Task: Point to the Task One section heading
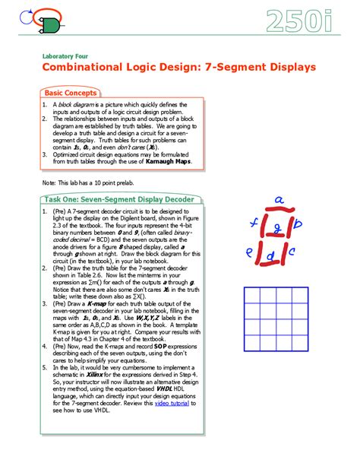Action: pyautogui.click(x=118, y=199)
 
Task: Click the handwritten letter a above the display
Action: pyautogui.click(x=279, y=201)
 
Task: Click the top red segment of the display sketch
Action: pyautogui.click(x=276, y=210)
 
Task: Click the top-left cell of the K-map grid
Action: pyautogui.click(x=252, y=295)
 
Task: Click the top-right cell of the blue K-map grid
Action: pyautogui.click(x=302, y=295)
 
